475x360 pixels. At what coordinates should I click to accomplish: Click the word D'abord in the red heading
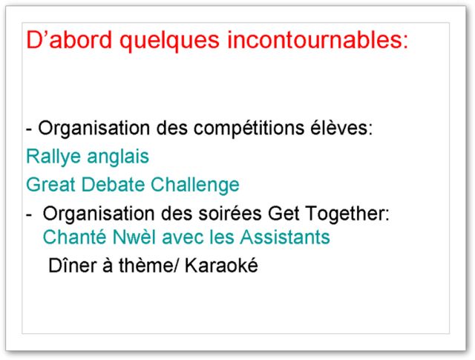pos(69,39)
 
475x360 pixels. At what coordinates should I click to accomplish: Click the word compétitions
pos(249,129)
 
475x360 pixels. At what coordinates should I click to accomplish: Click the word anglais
pos(118,157)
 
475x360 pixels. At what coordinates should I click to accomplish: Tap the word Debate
pos(113,184)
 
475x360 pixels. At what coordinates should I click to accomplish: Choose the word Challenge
pos(195,186)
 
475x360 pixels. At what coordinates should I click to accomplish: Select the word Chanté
pos(74,236)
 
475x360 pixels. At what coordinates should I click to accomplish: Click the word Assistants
pos(285,236)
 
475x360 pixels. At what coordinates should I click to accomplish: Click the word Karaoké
pos(221,265)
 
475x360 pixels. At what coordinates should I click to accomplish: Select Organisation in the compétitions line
pos(94,129)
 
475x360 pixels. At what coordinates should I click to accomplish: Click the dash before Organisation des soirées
pos(29,215)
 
